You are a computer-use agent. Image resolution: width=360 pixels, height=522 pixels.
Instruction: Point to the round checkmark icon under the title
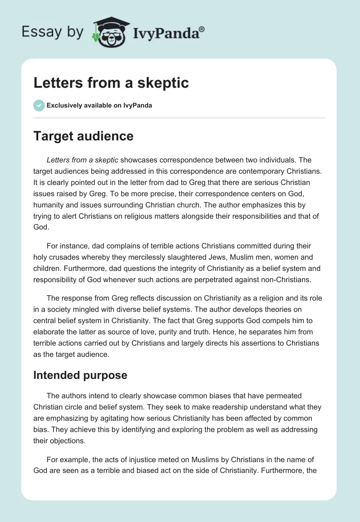39,105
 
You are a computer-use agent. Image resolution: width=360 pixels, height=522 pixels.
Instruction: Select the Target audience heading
83,136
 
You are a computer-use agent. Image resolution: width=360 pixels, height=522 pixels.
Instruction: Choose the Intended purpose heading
80,375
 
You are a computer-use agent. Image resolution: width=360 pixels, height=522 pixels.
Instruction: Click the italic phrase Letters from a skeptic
82,160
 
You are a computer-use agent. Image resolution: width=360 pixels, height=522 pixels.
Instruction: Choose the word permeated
282,396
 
